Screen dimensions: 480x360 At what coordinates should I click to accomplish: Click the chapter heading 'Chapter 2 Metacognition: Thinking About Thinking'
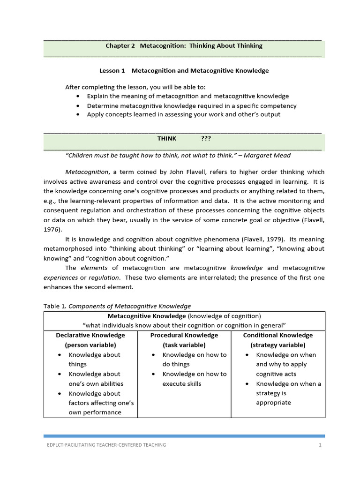[184, 46]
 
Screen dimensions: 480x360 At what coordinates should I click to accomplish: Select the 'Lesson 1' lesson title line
[184, 71]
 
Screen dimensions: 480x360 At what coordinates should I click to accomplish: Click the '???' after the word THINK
[206, 139]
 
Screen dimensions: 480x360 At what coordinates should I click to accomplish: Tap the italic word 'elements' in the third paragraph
[94, 268]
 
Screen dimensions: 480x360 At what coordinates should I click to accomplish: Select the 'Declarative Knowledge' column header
[90, 336]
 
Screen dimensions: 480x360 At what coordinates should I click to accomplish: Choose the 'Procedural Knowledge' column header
[184, 336]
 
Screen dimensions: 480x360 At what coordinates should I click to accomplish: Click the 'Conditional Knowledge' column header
[278, 336]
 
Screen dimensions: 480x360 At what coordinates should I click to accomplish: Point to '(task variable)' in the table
[184, 345]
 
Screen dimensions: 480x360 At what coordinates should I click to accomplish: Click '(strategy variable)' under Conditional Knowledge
[278, 345]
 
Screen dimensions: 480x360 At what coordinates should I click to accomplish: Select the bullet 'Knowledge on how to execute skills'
[194, 379]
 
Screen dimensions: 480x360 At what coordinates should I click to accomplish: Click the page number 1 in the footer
[320, 445]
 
